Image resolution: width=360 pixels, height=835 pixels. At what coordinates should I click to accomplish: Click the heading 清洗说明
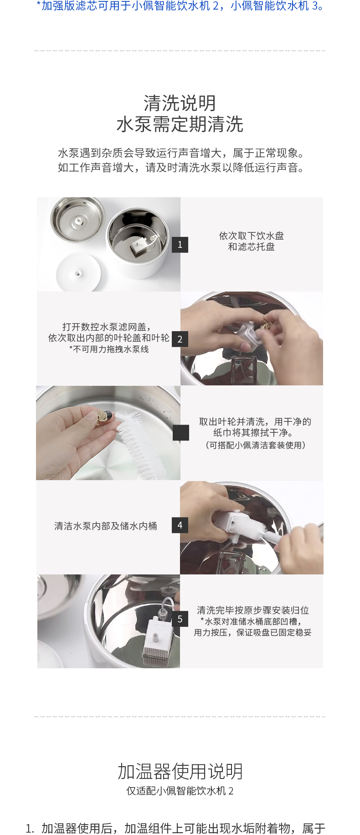click(x=180, y=103)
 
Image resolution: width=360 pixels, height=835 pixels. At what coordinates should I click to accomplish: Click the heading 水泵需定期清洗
click(x=180, y=124)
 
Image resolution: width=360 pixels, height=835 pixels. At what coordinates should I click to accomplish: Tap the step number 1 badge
click(x=180, y=245)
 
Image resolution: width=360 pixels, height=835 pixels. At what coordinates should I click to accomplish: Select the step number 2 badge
click(x=180, y=339)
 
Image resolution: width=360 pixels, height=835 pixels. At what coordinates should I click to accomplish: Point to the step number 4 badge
click(x=180, y=525)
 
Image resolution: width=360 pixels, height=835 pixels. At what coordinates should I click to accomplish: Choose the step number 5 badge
click(x=180, y=619)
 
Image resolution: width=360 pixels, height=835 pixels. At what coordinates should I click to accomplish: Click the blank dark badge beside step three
click(x=180, y=433)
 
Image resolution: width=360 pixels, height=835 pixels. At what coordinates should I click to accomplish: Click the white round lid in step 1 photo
click(x=78, y=272)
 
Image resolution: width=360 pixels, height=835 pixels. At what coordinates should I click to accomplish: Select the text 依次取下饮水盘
click(x=252, y=236)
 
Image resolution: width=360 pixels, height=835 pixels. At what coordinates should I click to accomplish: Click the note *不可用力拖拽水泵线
click(x=109, y=349)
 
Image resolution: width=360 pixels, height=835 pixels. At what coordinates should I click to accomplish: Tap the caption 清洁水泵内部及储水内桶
click(x=106, y=526)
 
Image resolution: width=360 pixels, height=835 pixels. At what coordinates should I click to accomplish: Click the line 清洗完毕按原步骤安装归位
click(x=253, y=610)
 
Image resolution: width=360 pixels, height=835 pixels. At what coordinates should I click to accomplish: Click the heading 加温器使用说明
click(x=180, y=771)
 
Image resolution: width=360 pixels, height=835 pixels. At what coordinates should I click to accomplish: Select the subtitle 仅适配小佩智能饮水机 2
click(x=180, y=791)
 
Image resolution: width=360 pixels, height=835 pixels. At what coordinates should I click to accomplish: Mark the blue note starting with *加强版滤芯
click(x=180, y=6)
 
